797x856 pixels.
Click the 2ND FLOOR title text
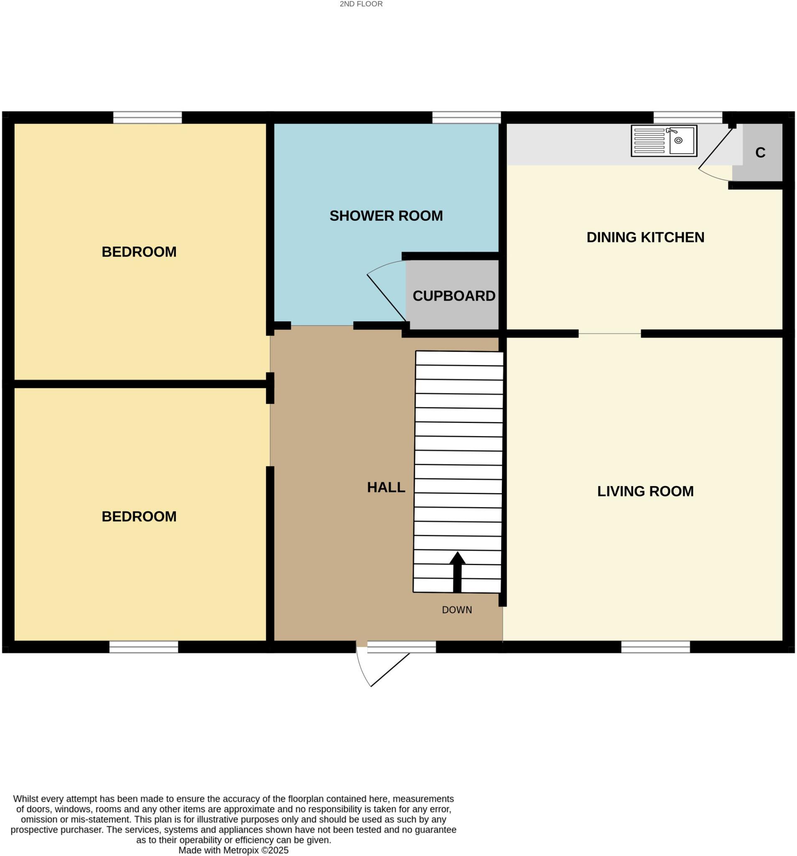(361, 4)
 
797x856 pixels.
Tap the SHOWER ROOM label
(386, 216)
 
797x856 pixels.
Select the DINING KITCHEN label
(645, 237)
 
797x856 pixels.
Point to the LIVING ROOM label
(645, 491)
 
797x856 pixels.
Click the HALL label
(386, 487)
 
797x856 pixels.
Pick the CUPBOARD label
(454, 296)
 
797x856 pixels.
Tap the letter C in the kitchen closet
(760, 153)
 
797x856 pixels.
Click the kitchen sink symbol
(664, 141)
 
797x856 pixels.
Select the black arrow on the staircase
(457, 571)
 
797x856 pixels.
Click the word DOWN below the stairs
(457, 610)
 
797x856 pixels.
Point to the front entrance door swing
(379, 667)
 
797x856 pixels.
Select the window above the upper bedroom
(147, 117)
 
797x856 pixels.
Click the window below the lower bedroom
(143, 647)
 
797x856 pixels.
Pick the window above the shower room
(466, 117)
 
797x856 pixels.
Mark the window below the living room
(655, 647)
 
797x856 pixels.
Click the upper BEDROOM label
(139, 252)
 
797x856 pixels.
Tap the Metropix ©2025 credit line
(233, 850)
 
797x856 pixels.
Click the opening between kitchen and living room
(609, 334)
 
